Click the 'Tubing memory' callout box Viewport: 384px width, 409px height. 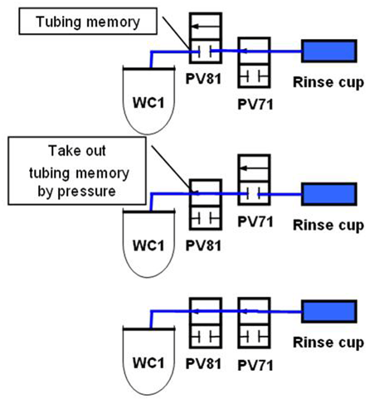click(88, 22)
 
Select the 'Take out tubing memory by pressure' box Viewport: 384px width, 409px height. click(77, 171)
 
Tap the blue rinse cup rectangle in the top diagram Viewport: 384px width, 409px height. click(329, 51)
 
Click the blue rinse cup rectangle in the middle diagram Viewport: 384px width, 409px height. click(329, 194)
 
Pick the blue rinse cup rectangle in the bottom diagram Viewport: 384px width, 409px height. click(329, 311)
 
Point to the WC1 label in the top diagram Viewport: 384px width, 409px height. click(148, 103)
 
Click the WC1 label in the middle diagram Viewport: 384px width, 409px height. click(148, 246)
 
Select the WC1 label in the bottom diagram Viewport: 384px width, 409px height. click(148, 363)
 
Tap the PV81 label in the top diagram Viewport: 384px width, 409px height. click(203, 79)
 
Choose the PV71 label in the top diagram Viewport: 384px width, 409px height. click(255, 105)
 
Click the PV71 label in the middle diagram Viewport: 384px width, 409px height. click(255, 222)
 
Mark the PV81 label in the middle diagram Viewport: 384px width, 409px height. click(203, 246)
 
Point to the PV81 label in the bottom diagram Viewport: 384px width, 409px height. click(203, 363)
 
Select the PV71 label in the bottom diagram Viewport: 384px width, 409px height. click(255, 365)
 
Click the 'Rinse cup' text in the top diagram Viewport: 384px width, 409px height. click(328, 83)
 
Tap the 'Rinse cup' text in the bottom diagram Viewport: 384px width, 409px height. click(328, 343)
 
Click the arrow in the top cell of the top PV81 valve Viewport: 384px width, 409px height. click(206, 27)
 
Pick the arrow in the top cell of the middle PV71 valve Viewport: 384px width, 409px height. click(254, 168)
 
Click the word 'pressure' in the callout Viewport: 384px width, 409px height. click(86, 192)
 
